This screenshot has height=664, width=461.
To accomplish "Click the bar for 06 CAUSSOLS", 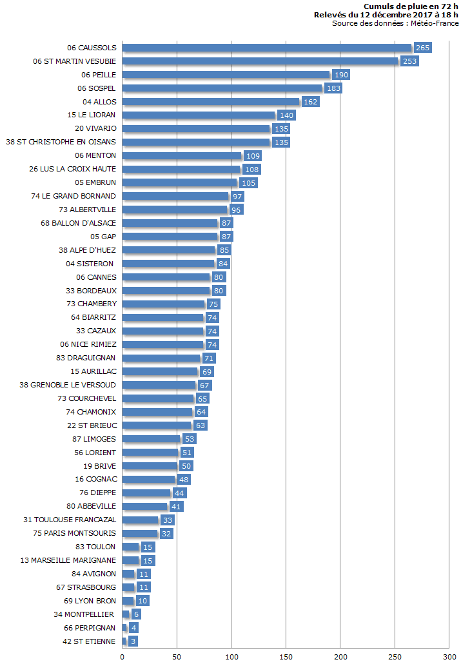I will [266, 48].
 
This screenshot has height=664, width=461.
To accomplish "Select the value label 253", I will [409, 61].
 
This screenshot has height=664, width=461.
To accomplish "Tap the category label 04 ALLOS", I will [99, 102].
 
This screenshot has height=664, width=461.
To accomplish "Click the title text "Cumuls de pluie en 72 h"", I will [411, 6].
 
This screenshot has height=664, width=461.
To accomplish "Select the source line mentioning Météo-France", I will [395, 23].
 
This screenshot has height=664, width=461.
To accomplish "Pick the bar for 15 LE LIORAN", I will [199, 115].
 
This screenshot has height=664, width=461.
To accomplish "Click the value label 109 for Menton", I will [253, 156].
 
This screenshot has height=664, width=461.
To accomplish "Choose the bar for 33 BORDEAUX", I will [166, 291].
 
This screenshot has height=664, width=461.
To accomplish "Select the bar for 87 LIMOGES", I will [151, 439].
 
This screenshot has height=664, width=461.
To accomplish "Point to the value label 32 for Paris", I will [166, 534].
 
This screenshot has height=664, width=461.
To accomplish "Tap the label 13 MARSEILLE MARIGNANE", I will [68, 561].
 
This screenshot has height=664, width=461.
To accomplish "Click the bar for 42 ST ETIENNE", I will [124, 641].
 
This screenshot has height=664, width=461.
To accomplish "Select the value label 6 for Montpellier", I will [136, 615].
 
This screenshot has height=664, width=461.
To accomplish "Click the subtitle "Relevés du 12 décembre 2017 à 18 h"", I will [386, 14].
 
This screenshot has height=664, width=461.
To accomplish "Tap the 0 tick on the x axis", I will [123, 656].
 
